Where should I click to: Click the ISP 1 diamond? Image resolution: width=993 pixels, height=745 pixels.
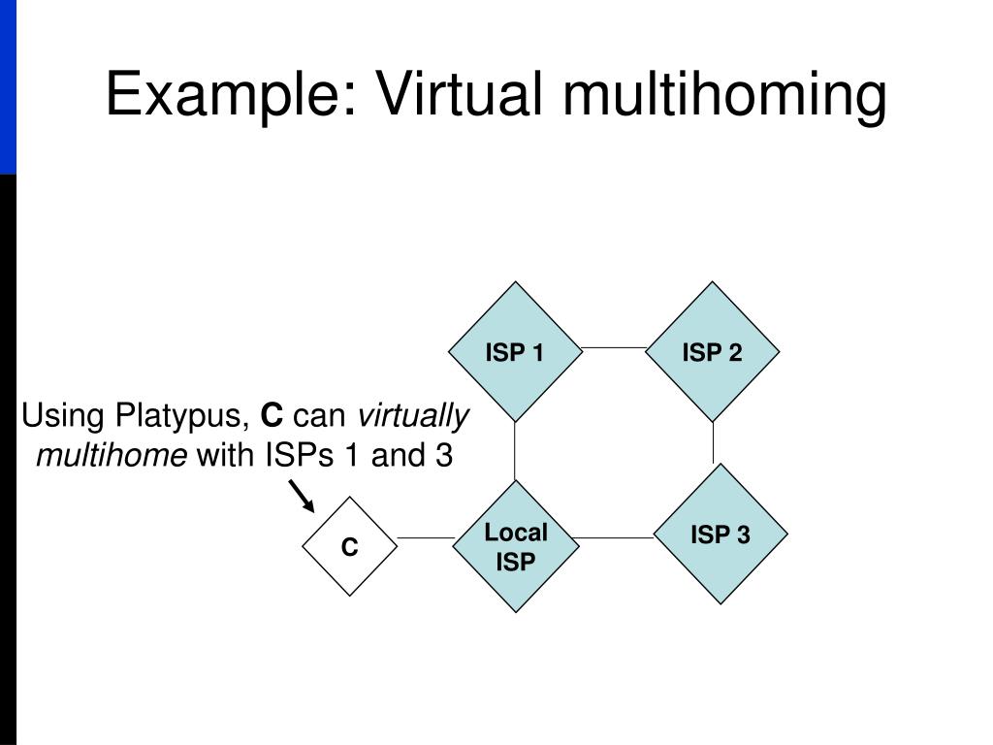515,352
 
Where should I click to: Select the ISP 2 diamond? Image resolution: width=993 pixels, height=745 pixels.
713,352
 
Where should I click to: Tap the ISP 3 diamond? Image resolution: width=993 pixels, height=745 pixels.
721,534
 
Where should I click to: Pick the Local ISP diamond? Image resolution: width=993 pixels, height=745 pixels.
515,546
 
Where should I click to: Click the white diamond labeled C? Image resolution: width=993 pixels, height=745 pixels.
349,547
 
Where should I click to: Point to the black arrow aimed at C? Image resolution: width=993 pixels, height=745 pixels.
302,497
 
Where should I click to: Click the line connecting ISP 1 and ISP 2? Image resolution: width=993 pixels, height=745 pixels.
614,347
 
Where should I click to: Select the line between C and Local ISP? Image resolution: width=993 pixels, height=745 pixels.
425,537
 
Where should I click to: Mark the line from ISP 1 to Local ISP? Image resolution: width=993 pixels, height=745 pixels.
515,451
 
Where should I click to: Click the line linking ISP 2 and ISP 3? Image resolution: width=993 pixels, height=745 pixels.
714,442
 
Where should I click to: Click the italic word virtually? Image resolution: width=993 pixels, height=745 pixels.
414,417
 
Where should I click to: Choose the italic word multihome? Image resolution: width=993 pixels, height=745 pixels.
112,455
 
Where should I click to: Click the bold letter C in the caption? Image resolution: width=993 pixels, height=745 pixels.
272,417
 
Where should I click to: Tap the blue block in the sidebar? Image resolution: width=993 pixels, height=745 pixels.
8,87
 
